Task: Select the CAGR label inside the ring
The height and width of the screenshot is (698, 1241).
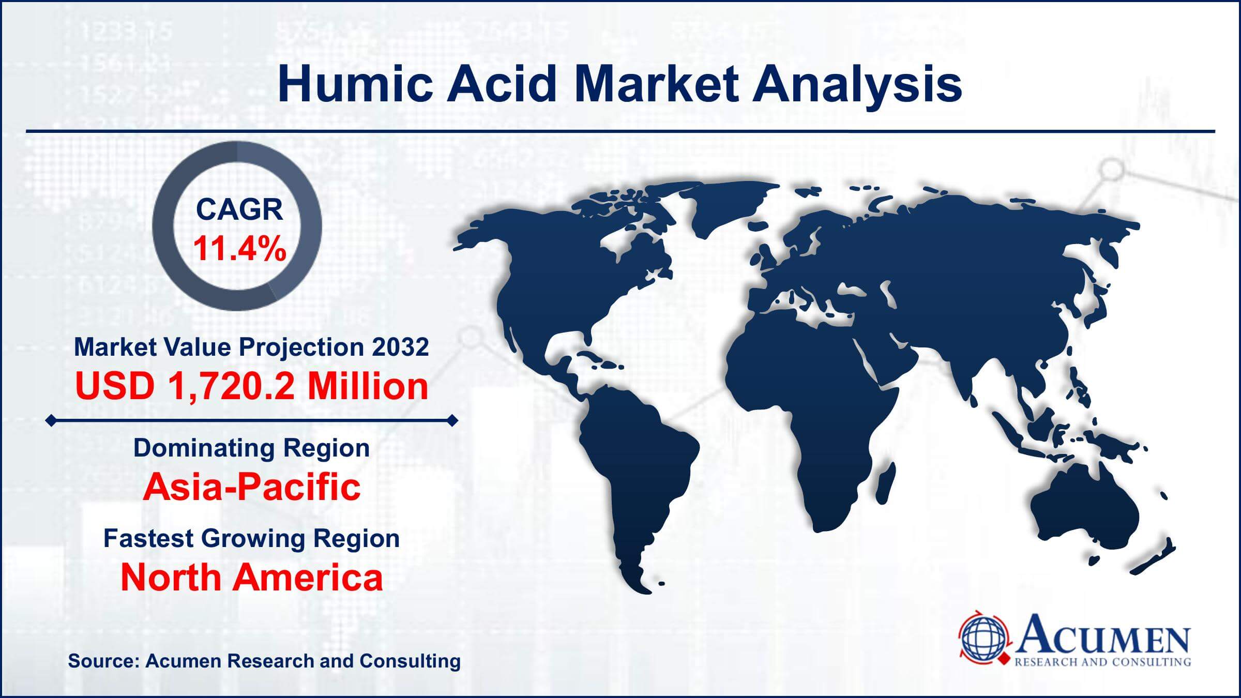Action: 239,209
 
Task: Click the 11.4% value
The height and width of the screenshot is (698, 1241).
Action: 239,249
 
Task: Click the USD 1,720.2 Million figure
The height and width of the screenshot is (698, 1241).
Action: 252,386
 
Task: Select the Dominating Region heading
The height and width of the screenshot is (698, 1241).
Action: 252,448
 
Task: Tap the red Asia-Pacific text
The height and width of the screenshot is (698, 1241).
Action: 252,487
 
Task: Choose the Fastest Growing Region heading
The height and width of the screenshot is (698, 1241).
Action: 252,538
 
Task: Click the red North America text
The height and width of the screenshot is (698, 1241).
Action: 252,578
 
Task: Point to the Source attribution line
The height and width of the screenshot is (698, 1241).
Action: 264,661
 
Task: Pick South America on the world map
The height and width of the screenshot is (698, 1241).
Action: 636,465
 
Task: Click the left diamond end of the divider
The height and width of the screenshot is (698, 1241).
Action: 51,421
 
